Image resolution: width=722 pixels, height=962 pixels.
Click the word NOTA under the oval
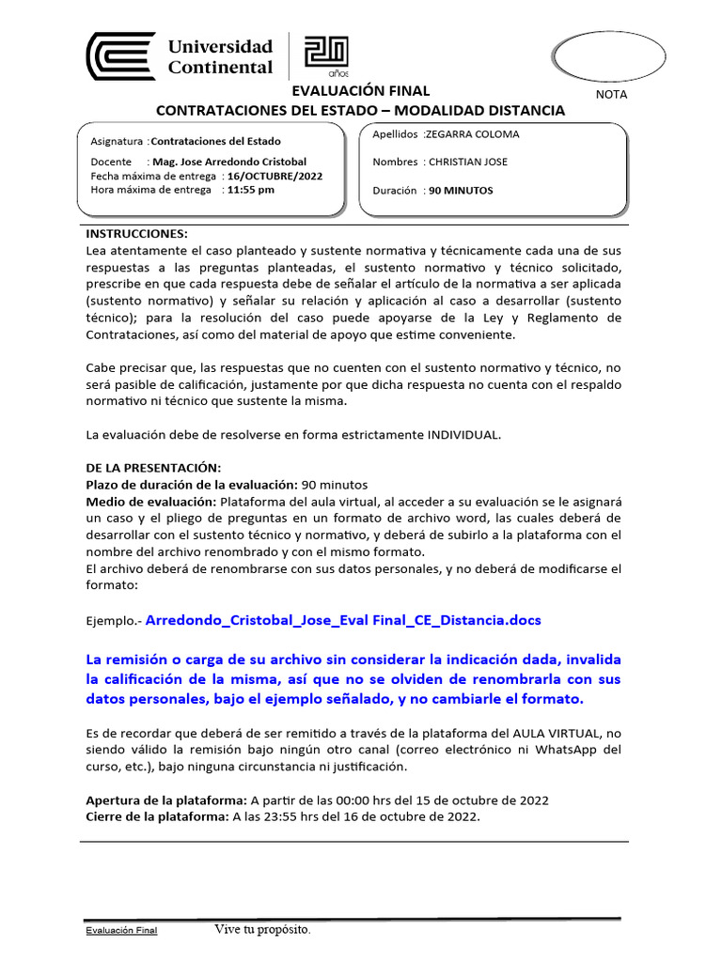[x=612, y=95]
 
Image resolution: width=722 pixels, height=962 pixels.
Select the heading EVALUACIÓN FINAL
[x=360, y=91]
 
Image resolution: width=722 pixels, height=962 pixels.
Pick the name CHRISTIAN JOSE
[x=467, y=162]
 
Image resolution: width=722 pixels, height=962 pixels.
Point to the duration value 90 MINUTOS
[x=461, y=190]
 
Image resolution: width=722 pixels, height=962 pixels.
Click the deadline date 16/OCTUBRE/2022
[x=268, y=176]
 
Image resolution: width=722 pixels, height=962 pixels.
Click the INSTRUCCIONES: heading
[x=137, y=233]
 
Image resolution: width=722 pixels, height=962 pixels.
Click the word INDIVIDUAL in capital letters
[x=464, y=435]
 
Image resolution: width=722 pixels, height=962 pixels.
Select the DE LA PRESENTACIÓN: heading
[x=153, y=468]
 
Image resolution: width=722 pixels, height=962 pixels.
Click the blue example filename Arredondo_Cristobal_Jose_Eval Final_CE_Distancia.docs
[x=345, y=621]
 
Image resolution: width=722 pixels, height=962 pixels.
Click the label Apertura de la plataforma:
[x=165, y=800]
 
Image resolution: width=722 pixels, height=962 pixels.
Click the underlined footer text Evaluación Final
[x=121, y=930]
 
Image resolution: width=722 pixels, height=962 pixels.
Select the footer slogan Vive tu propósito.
[x=261, y=930]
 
